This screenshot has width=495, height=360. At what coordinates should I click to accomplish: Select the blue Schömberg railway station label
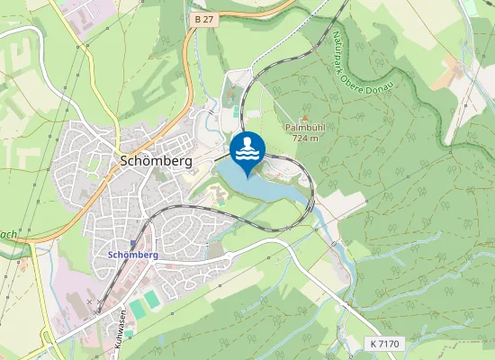132,255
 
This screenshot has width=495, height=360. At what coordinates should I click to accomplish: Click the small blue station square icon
133,243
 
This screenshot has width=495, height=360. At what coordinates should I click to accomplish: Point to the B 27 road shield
204,18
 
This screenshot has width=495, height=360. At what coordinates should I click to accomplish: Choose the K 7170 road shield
383,344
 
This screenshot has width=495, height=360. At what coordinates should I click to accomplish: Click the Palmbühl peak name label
304,128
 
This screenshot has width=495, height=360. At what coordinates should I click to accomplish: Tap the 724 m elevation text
305,139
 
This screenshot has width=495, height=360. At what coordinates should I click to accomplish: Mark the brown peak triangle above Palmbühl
304,117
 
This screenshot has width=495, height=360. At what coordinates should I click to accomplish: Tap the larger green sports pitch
136,309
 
